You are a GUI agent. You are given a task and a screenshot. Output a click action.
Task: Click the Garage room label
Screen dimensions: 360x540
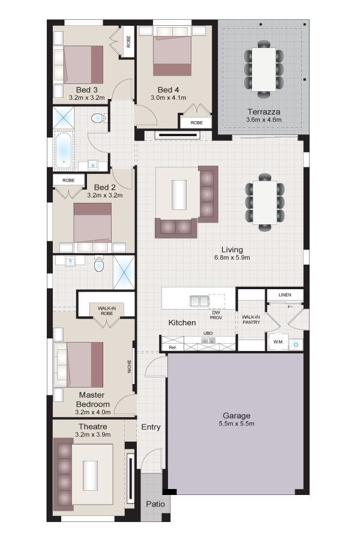(x=236, y=415)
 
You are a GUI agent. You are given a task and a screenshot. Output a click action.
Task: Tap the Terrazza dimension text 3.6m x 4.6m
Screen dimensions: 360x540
(x=264, y=120)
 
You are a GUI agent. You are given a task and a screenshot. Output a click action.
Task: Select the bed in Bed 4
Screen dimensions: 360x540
(x=172, y=55)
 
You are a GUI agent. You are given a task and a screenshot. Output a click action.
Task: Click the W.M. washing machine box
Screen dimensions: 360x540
(x=278, y=341)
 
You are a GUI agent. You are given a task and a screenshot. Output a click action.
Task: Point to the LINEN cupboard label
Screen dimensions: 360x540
(x=285, y=295)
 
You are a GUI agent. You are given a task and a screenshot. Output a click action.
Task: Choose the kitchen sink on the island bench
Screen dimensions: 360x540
(x=199, y=301)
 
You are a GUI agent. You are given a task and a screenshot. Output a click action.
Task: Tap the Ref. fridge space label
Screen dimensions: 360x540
(x=173, y=347)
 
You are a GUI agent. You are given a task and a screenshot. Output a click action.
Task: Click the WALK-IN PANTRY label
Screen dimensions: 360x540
(x=251, y=320)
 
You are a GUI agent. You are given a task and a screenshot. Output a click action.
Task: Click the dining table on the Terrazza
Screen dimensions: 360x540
(x=264, y=69)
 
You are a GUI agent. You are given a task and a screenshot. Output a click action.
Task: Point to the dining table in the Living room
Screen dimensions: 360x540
(x=265, y=203)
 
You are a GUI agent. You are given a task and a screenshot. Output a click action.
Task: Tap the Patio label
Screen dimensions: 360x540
(x=155, y=504)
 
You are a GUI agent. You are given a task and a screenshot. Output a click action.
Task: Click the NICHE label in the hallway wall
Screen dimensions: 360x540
(x=130, y=367)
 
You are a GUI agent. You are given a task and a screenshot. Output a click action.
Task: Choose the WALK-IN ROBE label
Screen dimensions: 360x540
(x=107, y=311)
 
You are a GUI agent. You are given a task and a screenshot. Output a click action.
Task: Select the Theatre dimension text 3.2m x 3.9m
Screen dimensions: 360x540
(x=93, y=434)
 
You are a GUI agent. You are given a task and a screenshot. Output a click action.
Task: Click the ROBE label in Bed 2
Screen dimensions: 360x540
(x=68, y=181)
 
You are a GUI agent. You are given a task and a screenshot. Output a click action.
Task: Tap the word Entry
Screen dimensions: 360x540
(x=151, y=427)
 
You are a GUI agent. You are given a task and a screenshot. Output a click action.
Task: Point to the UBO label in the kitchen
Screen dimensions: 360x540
(x=208, y=334)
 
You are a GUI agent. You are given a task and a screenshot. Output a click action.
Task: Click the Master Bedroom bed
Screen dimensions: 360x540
(x=79, y=364)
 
